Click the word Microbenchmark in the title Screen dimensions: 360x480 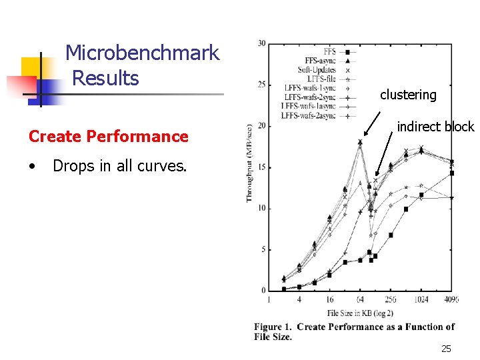tap(142, 53)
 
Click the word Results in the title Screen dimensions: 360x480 tap(105, 78)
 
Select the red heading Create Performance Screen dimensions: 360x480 tap(109, 136)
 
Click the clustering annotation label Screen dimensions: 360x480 tap(408, 95)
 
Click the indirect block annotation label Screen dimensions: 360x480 tap(435, 127)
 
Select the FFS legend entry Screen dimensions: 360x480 tap(329, 51)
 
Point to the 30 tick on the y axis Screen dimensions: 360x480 tap(261, 44)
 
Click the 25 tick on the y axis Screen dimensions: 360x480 tap(261, 85)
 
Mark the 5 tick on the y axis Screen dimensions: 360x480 tap(263, 250)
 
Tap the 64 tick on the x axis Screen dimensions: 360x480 tap(360, 300)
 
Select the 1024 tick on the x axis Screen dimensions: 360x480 tap(421, 300)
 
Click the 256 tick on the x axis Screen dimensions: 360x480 tap(391, 300)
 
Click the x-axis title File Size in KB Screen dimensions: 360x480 tap(360, 312)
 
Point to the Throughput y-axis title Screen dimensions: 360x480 tap(249, 163)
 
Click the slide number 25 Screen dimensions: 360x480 tap(446, 349)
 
